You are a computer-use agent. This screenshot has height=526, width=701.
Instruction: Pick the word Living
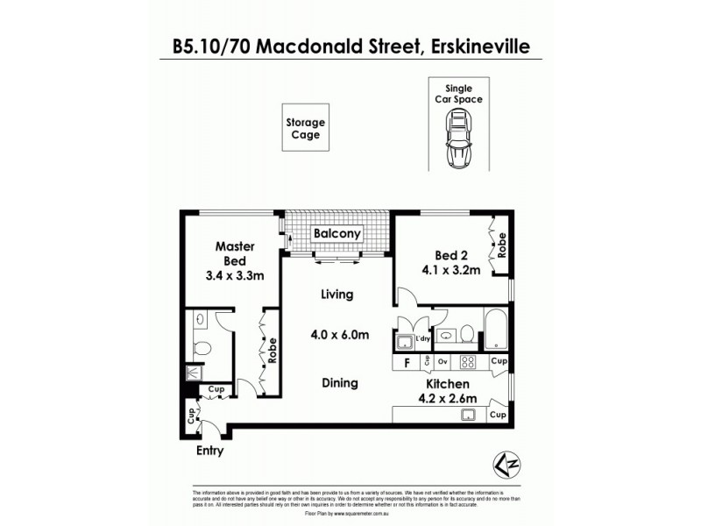(x=336, y=295)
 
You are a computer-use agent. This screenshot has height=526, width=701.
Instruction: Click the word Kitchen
(x=448, y=384)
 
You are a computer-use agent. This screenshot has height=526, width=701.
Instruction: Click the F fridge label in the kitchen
(x=407, y=362)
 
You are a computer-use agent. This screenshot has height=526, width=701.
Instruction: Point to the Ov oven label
(x=443, y=362)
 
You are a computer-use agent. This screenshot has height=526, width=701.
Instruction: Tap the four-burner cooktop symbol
(x=468, y=361)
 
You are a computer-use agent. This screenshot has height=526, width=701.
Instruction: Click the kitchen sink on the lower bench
(x=469, y=415)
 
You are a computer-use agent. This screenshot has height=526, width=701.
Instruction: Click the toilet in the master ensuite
(x=202, y=348)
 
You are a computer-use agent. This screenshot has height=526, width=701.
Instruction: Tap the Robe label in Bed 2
(x=502, y=248)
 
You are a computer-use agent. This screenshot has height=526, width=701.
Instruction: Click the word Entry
(x=209, y=451)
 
